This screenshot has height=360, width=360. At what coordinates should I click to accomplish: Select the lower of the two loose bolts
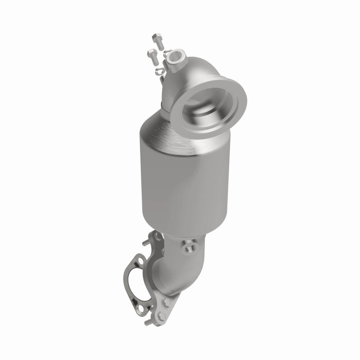point(153,56)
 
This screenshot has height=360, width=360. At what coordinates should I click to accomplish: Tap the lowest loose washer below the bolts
point(158,72)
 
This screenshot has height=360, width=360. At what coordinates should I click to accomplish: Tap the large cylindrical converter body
point(175,184)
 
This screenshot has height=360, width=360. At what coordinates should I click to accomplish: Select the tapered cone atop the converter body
point(171,130)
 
